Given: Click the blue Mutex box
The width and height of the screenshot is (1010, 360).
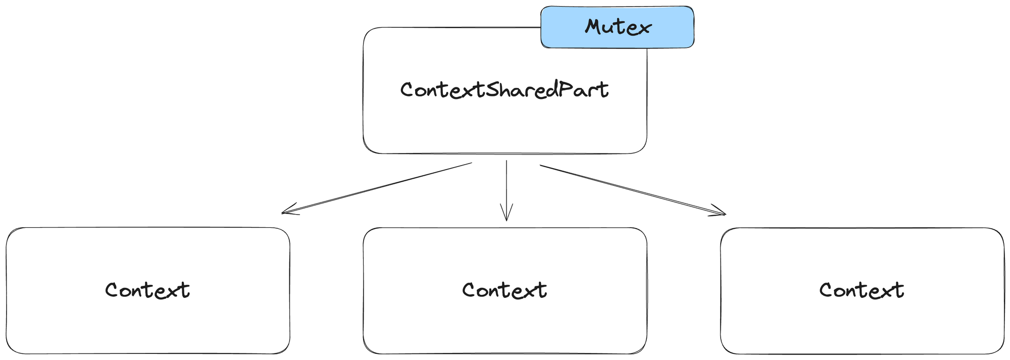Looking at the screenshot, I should (617, 27).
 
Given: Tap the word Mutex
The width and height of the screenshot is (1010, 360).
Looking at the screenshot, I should (618, 27).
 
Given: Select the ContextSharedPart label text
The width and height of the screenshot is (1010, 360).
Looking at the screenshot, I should (504, 90).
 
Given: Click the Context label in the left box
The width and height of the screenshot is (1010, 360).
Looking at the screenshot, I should (147, 290).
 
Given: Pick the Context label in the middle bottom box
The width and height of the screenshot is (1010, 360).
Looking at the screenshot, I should (504, 290).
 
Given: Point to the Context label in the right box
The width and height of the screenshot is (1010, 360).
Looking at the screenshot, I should (862, 290).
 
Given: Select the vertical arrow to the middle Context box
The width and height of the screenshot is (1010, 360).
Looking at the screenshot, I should (506, 189).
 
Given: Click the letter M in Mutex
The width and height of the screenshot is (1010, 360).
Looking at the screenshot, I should (594, 27).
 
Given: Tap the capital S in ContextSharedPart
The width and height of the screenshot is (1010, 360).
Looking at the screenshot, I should (493, 90).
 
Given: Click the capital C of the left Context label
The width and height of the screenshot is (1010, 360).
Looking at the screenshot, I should (112, 290).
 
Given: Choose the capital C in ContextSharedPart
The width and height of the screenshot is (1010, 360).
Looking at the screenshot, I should (408, 90).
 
